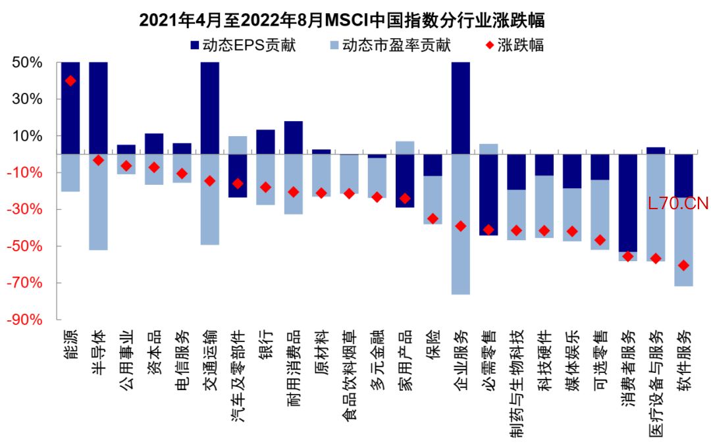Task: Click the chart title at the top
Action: click(342, 20)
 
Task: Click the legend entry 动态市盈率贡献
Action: click(388, 45)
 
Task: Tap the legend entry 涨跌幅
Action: click(513, 45)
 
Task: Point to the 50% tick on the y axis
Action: click(27, 62)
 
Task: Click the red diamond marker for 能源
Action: click(70, 81)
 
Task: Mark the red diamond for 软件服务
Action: click(684, 265)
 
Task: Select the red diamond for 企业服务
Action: click(461, 226)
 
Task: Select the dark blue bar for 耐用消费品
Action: click(293, 137)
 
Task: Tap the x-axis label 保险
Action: click(433, 345)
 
